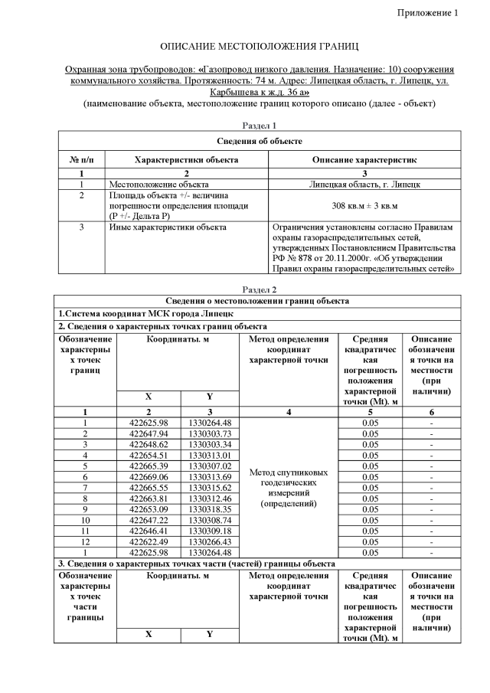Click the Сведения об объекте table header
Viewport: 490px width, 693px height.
point(259,141)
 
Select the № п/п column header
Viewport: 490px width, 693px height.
point(81,159)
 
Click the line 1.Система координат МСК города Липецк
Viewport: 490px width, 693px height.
point(146,314)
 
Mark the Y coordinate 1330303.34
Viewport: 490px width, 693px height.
point(211,443)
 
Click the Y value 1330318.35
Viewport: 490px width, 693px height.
point(211,508)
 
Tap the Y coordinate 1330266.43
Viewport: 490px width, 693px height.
point(211,541)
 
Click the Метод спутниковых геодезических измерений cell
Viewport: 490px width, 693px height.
point(289,488)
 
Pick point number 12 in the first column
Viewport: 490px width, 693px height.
point(85,541)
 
